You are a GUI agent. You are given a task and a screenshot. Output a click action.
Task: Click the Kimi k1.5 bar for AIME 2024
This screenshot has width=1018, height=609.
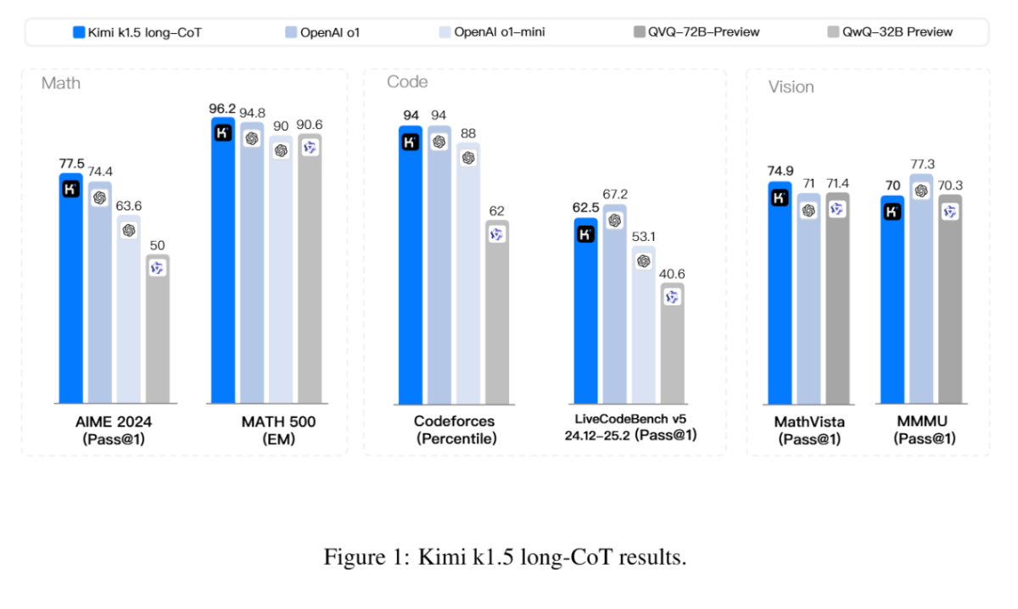70,288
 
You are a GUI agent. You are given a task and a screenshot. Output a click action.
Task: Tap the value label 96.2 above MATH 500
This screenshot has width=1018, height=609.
222,109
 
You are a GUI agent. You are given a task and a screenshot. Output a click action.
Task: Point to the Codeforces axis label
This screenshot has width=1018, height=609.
454,422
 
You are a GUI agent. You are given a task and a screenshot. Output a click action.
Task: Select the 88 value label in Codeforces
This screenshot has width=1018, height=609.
468,133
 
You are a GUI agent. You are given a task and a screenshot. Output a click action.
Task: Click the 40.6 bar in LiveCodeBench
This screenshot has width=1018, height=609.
673,344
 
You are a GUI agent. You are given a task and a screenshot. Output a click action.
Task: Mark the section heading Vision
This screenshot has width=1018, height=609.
791,87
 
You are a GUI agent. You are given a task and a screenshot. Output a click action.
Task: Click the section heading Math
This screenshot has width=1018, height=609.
61,83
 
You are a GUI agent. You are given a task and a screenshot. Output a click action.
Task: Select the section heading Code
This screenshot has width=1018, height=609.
407,82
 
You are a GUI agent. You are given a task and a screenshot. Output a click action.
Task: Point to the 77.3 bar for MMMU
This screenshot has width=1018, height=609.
921,288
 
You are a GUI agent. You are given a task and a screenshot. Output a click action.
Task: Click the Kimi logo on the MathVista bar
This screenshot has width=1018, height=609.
780,198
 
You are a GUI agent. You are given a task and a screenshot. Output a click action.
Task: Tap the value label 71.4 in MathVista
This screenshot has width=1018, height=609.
838,183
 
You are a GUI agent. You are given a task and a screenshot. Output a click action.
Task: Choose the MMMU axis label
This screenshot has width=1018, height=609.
923,422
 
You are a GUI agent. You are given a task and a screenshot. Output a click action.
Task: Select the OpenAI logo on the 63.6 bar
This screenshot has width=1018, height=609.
129,230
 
